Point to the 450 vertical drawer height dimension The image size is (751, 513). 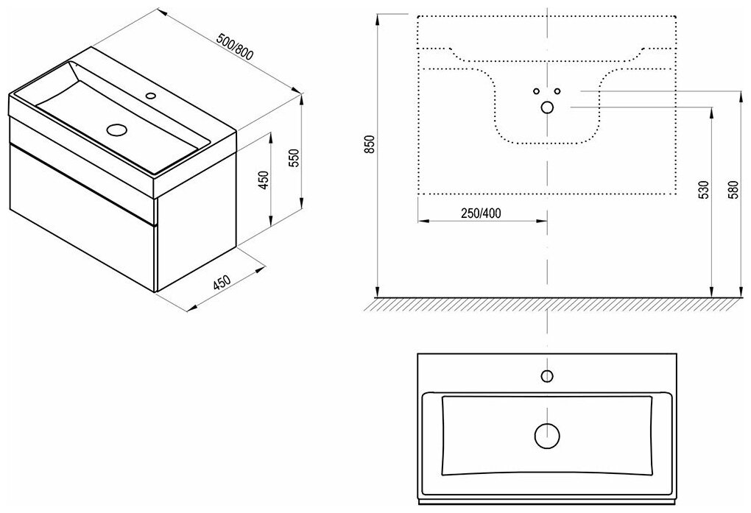pos(262,180)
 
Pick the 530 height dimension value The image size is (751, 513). pos(704,191)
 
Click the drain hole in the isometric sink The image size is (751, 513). pos(116,130)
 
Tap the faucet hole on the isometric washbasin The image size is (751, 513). pos(151,95)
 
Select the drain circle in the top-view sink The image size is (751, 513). pos(546,435)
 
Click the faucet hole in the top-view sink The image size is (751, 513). pos(546,376)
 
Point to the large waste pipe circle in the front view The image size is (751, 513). pos(547,107)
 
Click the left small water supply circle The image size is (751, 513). pos(537,91)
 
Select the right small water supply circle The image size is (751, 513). pos(557,91)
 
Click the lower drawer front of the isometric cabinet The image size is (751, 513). pos(85,221)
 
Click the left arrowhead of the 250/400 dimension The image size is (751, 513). pos(421,220)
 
